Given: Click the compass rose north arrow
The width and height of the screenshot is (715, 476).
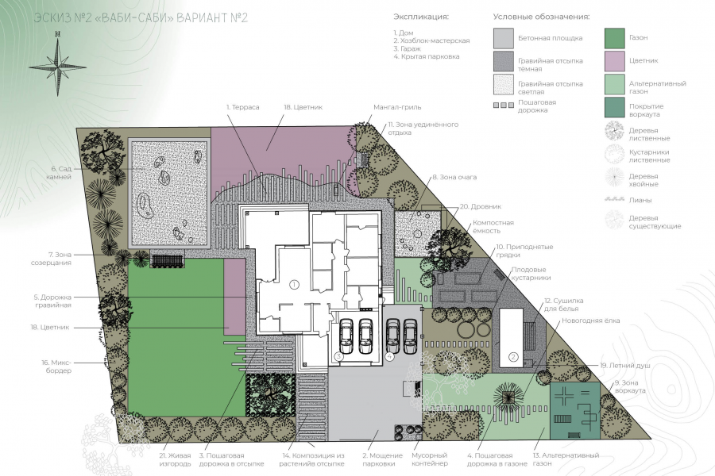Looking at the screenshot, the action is click(57, 63).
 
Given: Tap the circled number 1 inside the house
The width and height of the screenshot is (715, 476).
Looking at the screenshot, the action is click(294, 285).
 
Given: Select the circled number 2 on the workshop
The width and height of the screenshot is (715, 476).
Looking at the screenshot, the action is click(513, 357).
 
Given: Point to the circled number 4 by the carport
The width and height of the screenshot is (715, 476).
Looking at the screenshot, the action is click(390, 357).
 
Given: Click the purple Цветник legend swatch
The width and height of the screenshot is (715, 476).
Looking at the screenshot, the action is click(614, 61).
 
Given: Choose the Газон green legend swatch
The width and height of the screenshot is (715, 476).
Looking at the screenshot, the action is click(614, 38).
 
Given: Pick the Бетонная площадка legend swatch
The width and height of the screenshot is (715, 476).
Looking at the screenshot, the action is click(504, 38).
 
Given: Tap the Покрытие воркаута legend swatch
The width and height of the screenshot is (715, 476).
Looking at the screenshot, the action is click(614, 108).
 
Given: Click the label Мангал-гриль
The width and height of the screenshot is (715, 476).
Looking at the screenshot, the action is click(397, 108).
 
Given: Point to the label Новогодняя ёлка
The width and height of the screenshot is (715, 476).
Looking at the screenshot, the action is click(590, 321).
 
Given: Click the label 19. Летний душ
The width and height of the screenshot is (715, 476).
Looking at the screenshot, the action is click(625, 365).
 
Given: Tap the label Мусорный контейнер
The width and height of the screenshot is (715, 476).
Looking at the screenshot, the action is click(430, 459).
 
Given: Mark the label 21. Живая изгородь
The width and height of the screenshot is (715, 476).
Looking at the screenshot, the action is click(175, 459).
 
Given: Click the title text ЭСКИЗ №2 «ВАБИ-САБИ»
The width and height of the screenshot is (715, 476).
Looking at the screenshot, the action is click(104, 18).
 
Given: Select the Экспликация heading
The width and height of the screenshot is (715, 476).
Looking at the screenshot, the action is click(421, 17).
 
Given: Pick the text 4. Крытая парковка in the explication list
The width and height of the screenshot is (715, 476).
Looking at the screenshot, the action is click(427, 56).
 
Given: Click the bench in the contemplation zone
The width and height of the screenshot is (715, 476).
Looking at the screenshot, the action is click(167, 260).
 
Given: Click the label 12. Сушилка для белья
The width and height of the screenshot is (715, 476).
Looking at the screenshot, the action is click(563, 305).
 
